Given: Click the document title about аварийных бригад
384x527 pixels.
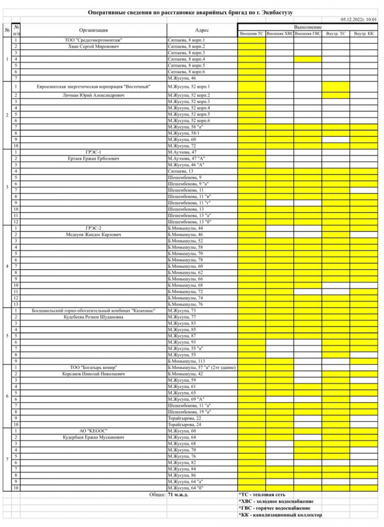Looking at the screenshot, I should tap(191, 12).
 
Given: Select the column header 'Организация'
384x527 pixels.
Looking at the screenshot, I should tap(94, 30).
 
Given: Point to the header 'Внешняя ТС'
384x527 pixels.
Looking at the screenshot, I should tap(251, 33).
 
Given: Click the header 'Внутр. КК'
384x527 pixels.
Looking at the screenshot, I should tap(363, 33).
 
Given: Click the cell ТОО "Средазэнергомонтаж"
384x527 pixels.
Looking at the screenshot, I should tap(94, 40).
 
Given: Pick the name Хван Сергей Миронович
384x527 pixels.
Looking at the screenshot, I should tap(94, 46).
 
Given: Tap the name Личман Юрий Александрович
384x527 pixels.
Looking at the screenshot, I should tap(94, 95).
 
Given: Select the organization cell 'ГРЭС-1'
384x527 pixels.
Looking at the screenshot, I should tap(94, 152).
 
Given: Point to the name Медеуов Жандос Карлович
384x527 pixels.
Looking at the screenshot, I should tap(94, 234).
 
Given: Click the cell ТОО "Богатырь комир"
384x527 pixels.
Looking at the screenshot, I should tap(94, 367).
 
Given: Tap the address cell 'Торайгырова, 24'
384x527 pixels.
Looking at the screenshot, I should tap(184, 424).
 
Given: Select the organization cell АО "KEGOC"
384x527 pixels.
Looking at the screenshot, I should tap(94, 431).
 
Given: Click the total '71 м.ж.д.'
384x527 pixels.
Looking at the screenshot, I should tap(177, 495).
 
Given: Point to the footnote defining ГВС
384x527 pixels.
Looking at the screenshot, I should tap(275, 508).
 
